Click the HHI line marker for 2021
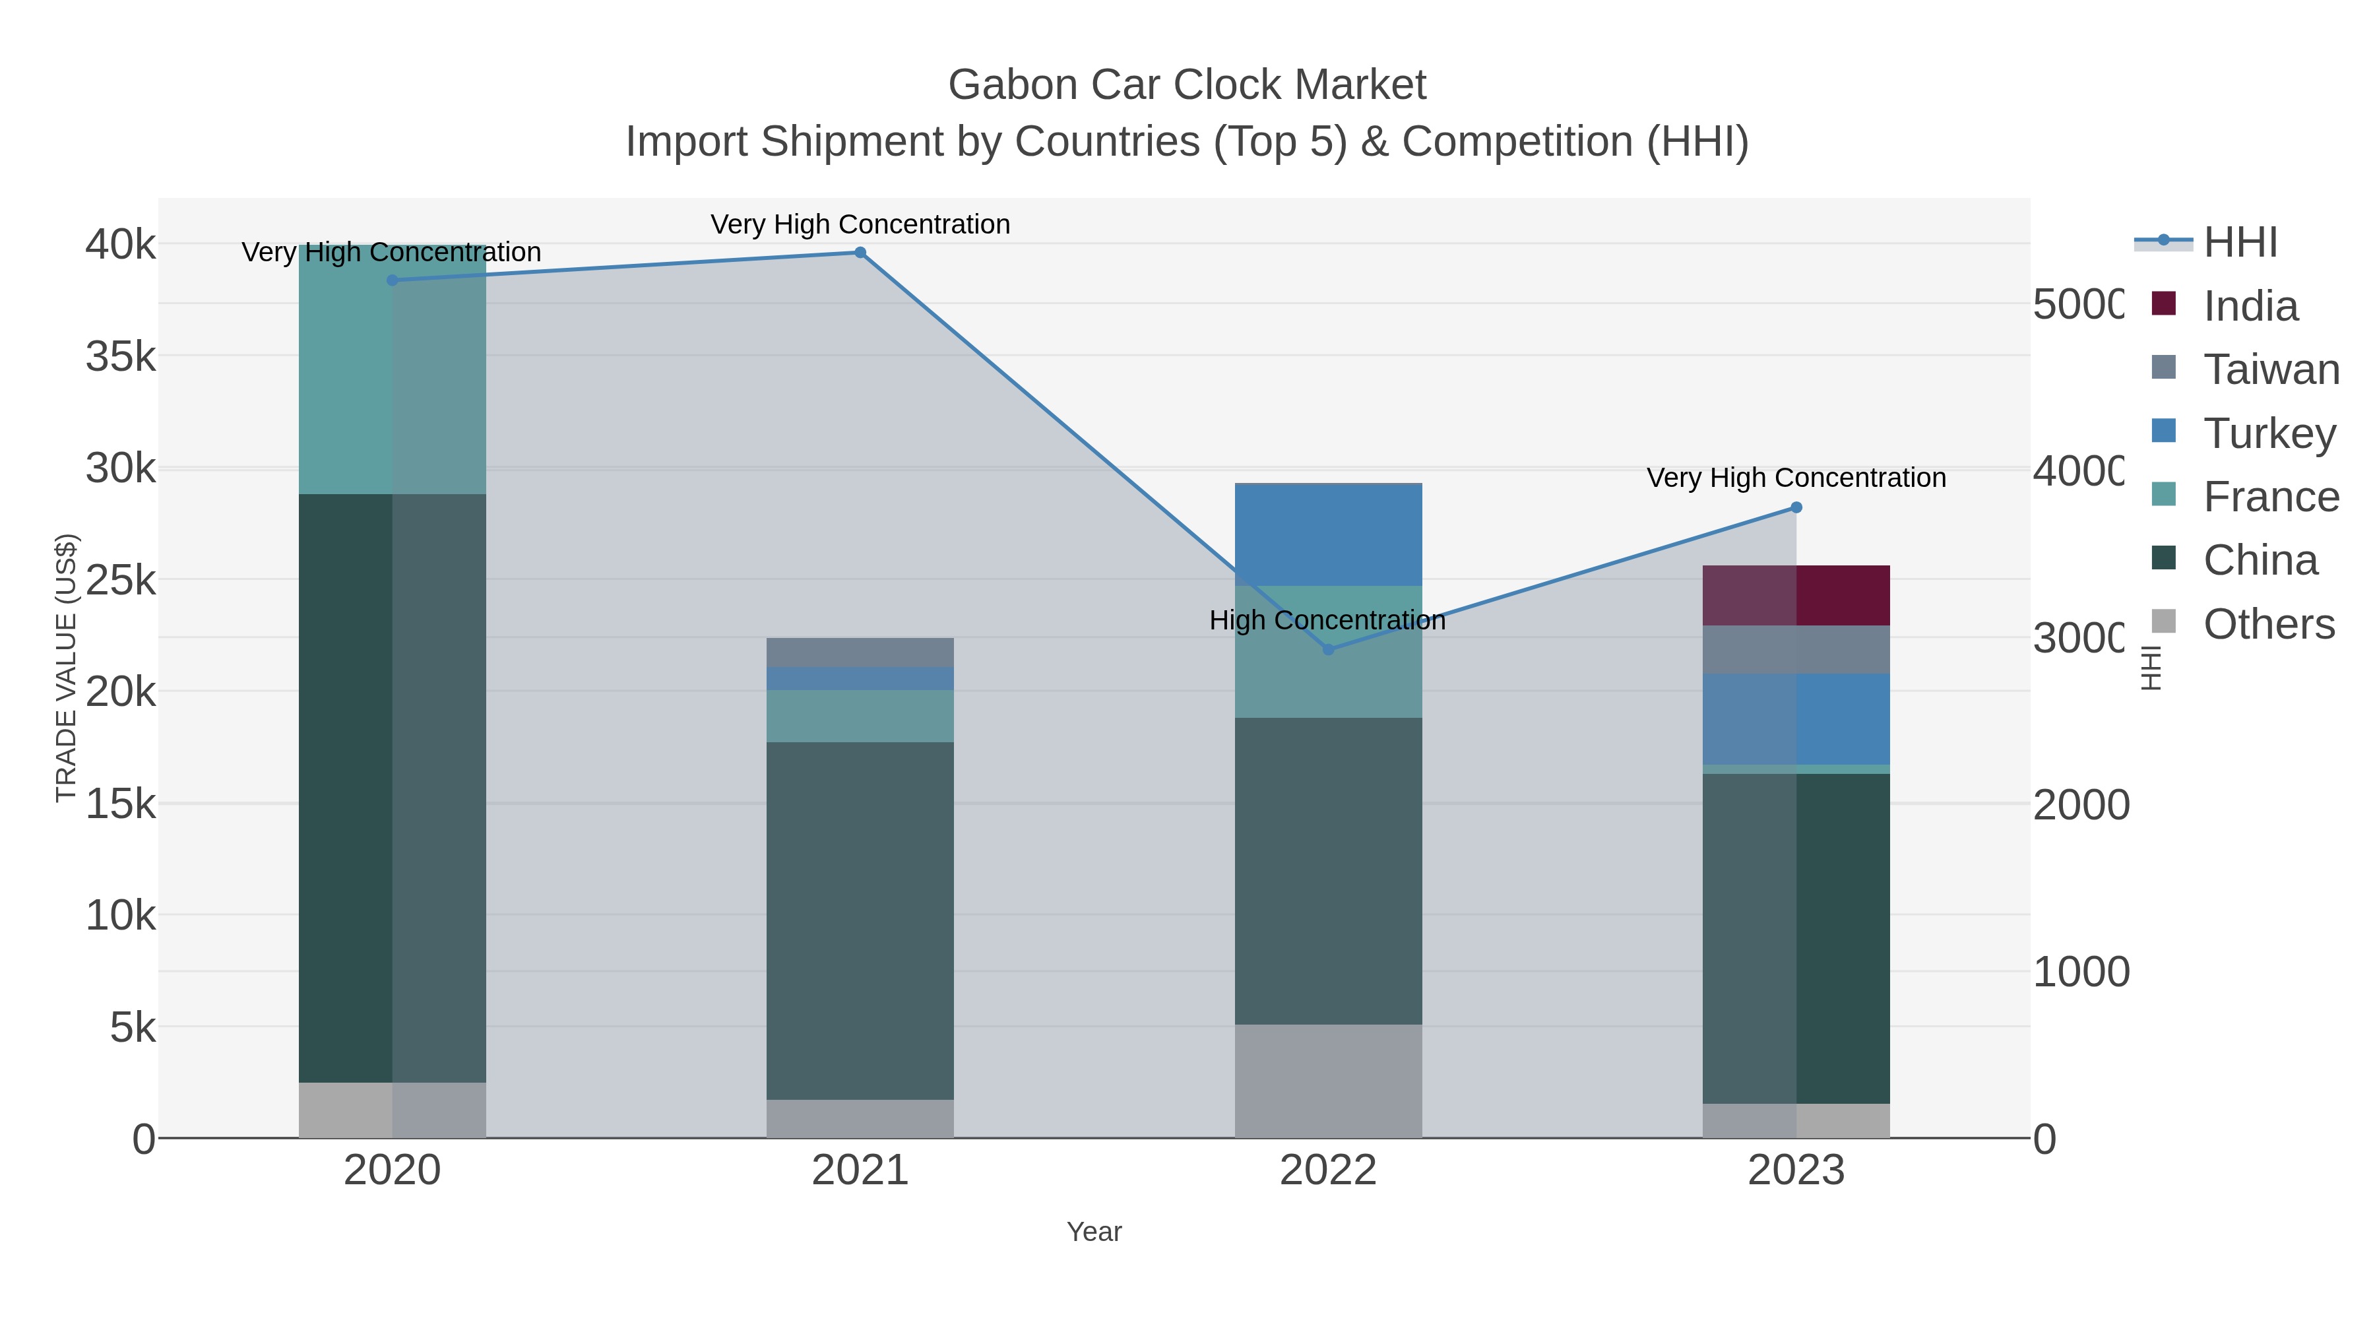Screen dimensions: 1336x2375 point(860,253)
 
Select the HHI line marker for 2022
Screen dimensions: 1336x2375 point(1327,650)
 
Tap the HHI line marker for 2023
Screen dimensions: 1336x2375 point(1796,508)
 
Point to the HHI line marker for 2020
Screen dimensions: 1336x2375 point(392,280)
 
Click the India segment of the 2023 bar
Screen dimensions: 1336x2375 point(1796,596)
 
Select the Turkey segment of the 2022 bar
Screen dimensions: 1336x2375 point(1327,535)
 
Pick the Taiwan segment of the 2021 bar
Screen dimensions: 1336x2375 point(860,652)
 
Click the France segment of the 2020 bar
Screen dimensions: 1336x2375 point(392,369)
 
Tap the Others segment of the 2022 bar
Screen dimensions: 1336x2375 point(1327,1081)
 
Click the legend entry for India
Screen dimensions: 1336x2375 point(2250,306)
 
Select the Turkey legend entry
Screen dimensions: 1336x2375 point(2268,433)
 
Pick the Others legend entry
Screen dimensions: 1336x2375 point(2268,624)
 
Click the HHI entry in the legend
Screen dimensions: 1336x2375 point(2240,243)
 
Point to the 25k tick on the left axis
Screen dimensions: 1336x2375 point(121,580)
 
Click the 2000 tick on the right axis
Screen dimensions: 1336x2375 point(2081,805)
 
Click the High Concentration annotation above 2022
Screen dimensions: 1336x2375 point(1327,621)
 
